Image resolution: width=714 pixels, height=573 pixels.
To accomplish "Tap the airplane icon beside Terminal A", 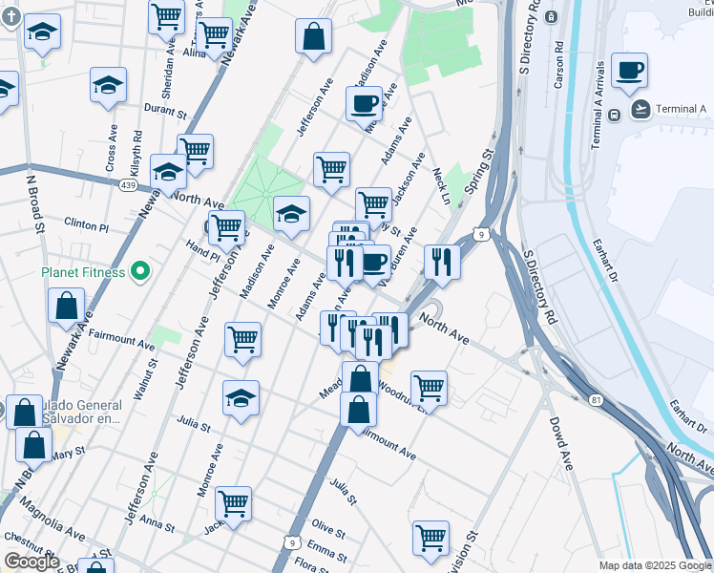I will coord(640,110).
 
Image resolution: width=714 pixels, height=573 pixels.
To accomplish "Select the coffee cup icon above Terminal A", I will coord(630,70).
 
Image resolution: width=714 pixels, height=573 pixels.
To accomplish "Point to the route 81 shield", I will coord(595,398).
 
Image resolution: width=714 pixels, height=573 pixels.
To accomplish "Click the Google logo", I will coord(31,562).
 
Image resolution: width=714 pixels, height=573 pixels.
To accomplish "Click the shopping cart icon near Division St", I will coord(430,538).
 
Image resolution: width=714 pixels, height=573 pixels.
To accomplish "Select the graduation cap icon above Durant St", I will coord(109,85).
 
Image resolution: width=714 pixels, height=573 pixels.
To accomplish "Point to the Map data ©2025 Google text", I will coord(654,565).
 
